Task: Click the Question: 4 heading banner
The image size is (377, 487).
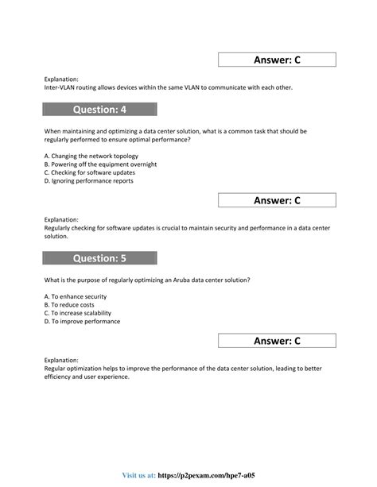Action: pyautogui.click(x=100, y=110)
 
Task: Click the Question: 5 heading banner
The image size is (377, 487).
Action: pyautogui.click(x=100, y=257)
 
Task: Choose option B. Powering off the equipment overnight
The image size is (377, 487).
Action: pyautogui.click(x=100, y=164)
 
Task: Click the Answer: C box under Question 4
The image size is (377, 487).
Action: pyautogui.click(x=277, y=201)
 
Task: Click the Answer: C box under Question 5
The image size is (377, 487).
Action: pyautogui.click(x=277, y=342)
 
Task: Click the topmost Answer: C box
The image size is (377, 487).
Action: pyautogui.click(x=277, y=60)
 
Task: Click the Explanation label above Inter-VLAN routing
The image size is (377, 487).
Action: pyautogui.click(x=62, y=79)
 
